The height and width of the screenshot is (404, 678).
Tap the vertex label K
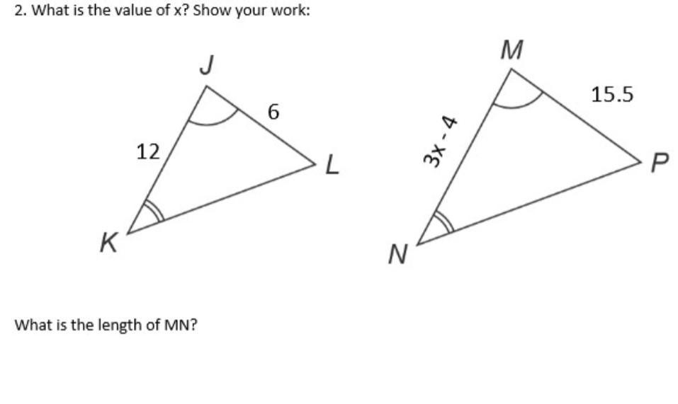108,243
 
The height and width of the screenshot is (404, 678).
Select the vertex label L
332,167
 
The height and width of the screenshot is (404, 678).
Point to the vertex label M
511,50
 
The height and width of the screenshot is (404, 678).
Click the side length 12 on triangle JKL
147,151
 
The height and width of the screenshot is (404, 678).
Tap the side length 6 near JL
273,112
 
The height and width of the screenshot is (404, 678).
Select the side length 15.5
613,94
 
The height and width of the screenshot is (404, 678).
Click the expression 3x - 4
439,142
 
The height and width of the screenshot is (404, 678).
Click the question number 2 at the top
19,12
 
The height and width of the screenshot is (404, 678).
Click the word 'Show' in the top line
210,12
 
